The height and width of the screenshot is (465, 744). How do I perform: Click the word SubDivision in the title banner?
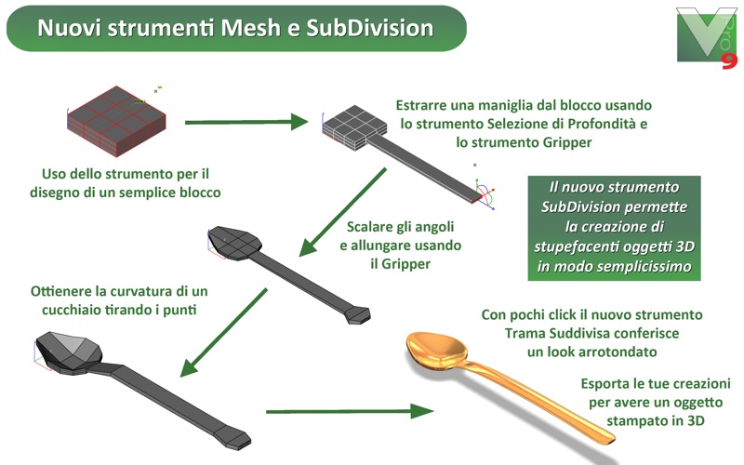pyautogui.click(x=369, y=28)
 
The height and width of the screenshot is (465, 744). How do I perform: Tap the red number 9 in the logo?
pyautogui.click(x=729, y=61)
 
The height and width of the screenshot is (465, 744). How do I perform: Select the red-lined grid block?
pyautogui.click(x=117, y=121)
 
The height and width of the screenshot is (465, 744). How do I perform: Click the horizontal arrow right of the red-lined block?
pyautogui.click(x=246, y=122)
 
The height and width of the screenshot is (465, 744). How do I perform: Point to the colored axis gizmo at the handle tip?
pyautogui.click(x=485, y=194)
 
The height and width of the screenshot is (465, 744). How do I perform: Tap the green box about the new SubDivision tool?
pyautogui.click(x=614, y=228)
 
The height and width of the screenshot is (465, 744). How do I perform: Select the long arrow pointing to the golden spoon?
pyautogui.click(x=350, y=411)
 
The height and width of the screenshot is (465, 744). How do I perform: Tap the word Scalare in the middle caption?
pyautogui.click(x=368, y=227)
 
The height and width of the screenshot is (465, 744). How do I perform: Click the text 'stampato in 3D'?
pyautogui.click(x=656, y=421)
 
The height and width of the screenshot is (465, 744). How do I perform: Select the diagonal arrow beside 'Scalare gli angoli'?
pyautogui.click(x=342, y=212)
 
